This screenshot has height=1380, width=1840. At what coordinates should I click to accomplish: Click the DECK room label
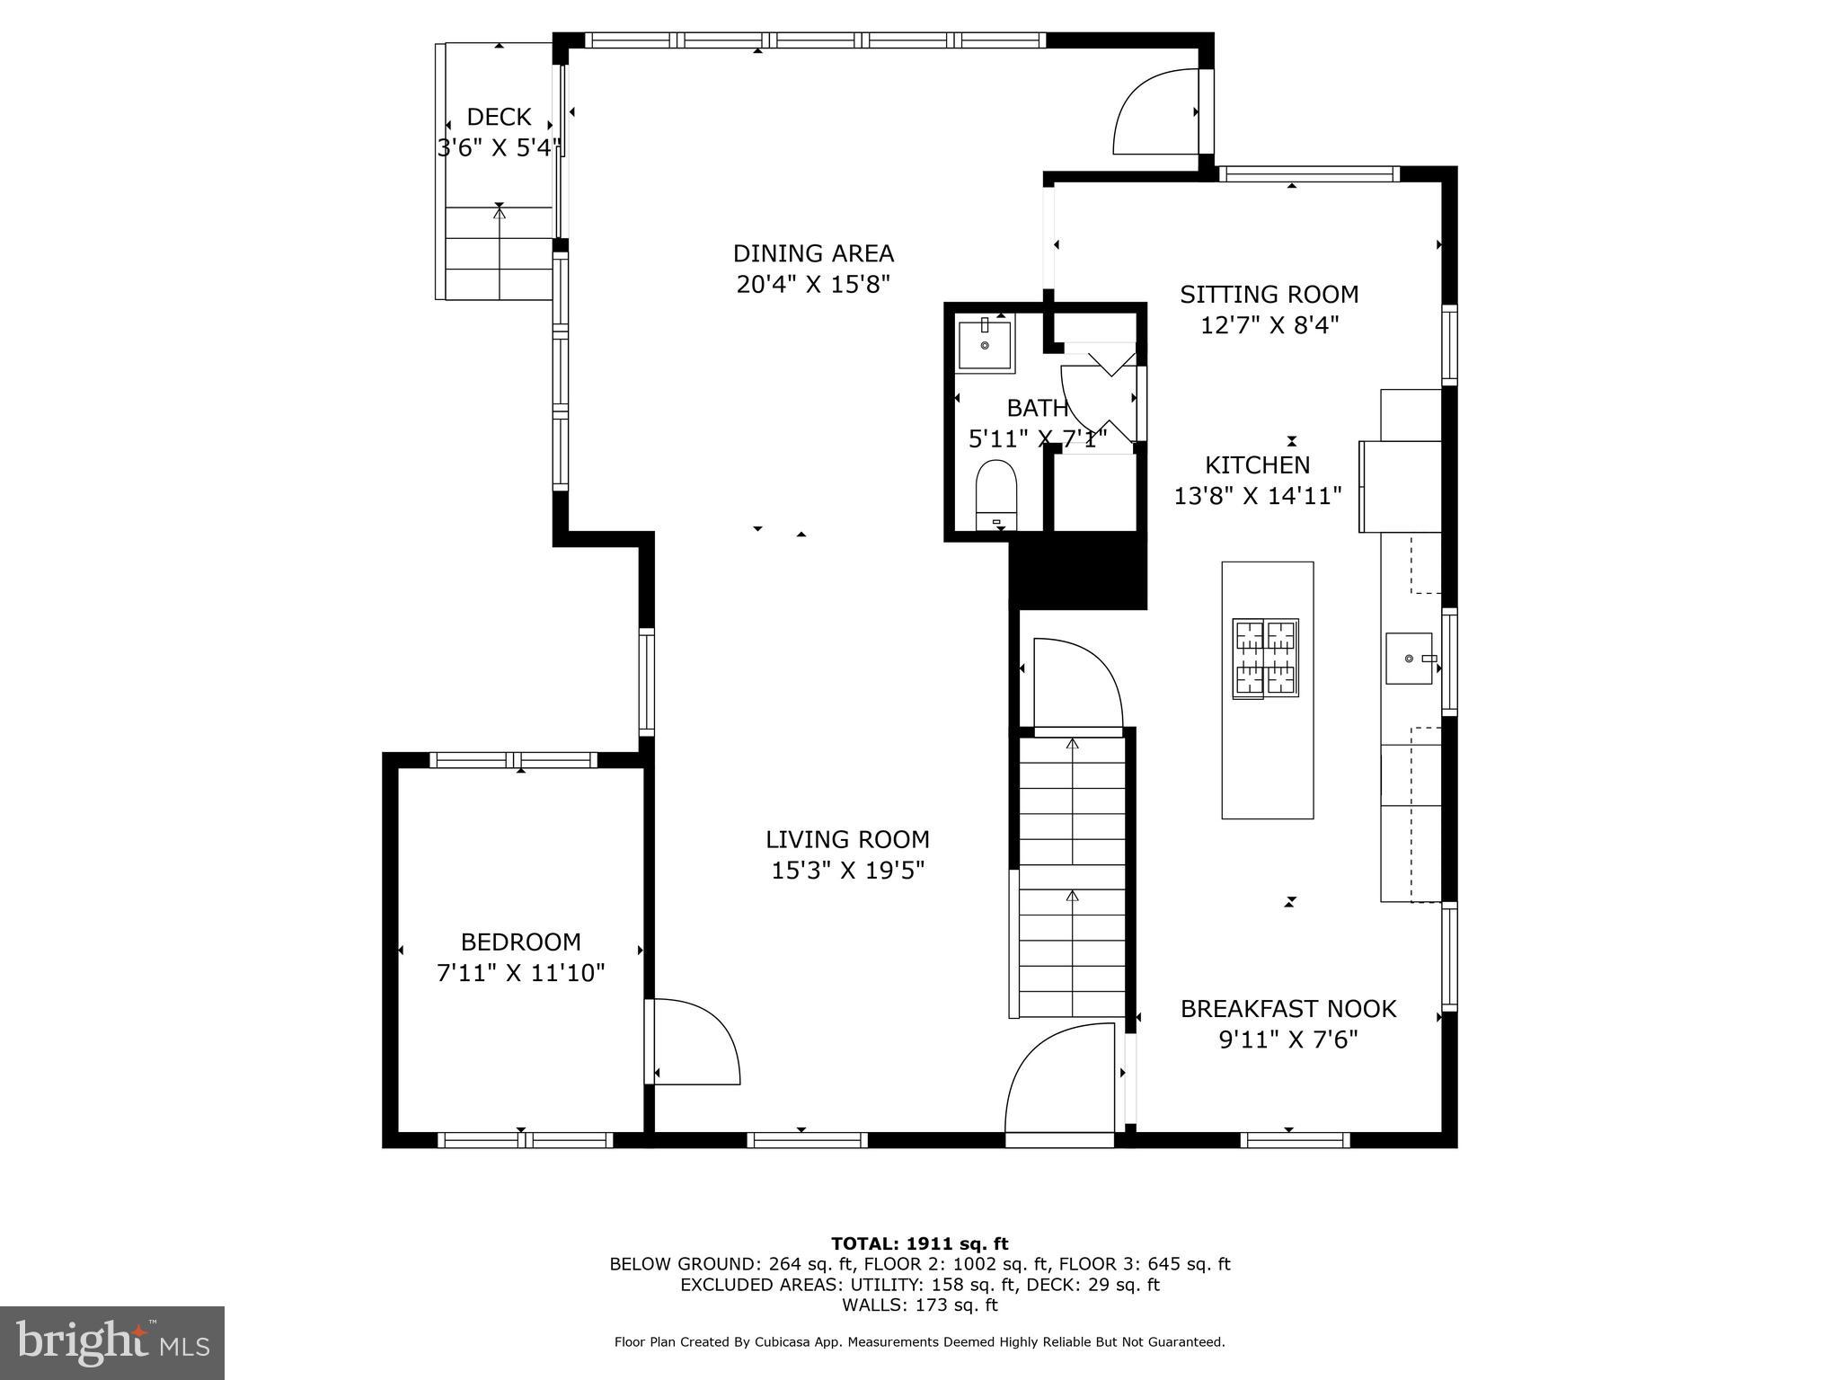point(499,117)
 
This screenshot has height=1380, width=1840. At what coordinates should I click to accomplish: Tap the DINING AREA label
point(813,253)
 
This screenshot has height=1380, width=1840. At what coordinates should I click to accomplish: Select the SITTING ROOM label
point(1269,295)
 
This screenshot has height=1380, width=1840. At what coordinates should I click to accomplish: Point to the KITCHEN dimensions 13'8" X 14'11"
point(1258,496)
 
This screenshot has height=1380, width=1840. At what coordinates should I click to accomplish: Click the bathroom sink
point(985,344)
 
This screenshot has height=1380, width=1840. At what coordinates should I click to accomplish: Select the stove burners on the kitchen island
point(1265,659)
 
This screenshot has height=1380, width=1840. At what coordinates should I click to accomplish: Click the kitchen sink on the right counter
point(1410,659)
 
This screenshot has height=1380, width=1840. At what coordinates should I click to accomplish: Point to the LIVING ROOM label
point(847,840)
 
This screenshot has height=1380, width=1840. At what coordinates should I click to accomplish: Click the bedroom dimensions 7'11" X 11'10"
point(521,973)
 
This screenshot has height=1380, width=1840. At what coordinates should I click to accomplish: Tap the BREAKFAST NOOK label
point(1288,1009)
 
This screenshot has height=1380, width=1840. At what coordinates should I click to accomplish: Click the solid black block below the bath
point(1078,575)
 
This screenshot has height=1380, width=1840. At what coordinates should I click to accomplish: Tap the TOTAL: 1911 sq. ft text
point(920,1244)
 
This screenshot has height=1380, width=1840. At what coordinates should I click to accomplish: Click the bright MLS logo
point(112,1343)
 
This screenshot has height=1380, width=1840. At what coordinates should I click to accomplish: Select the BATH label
point(1038,409)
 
